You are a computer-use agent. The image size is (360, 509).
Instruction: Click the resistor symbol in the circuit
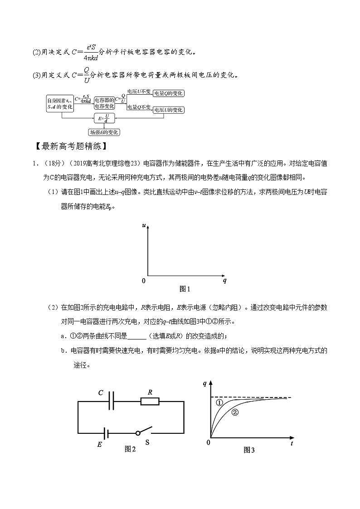click(x=149, y=401)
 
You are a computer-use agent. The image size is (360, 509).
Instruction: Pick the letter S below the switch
click(x=147, y=442)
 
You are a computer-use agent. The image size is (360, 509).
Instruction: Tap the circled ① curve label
click(x=219, y=402)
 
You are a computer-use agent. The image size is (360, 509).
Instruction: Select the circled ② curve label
click(x=235, y=412)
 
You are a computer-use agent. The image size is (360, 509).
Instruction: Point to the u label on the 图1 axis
click(x=143, y=225)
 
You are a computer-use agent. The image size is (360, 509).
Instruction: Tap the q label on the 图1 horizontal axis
click(x=224, y=281)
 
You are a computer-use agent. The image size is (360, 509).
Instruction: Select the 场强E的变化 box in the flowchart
click(x=104, y=132)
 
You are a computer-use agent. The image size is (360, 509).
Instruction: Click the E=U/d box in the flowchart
click(x=104, y=119)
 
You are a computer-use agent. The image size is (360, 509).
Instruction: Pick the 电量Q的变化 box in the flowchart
click(x=168, y=93)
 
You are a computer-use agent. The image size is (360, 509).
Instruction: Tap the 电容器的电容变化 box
click(x=104, y=103)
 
